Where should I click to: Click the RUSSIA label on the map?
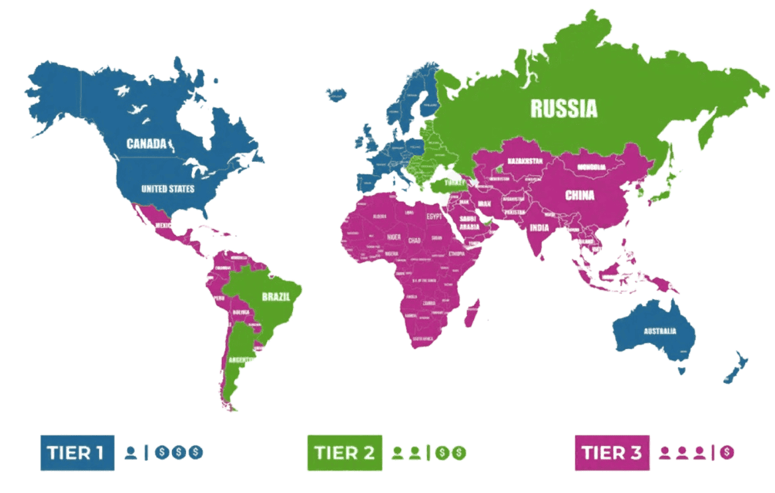(x=563, y=108)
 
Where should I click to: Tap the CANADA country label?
(x=146, y=143)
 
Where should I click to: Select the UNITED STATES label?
(x=167, y=189)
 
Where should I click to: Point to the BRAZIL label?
(x=275, y=297)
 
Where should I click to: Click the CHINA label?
(x=579, y=196)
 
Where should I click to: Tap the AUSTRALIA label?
(x=659, y=331)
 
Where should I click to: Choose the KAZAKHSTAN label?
(x=525, y=161)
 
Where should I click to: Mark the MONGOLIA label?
(x=591, y=167)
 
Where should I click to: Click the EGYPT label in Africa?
(x=433, y=216)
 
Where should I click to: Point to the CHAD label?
(x=414, y=240)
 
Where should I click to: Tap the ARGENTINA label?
(x=240, y=360)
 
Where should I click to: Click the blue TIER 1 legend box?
(x=77, y=453)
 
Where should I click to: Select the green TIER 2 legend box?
(x=344, y=453)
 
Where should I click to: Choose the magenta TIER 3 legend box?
(x=612, y=453)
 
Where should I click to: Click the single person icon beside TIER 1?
(x=130, y=453)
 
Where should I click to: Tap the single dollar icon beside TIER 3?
(x=728, y=453)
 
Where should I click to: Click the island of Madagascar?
(x=472, y=313)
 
